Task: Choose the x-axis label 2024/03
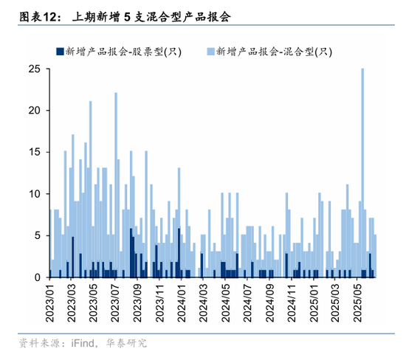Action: [203, 302]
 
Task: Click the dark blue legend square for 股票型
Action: [60, 52]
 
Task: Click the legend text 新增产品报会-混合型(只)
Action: [275, 52]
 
